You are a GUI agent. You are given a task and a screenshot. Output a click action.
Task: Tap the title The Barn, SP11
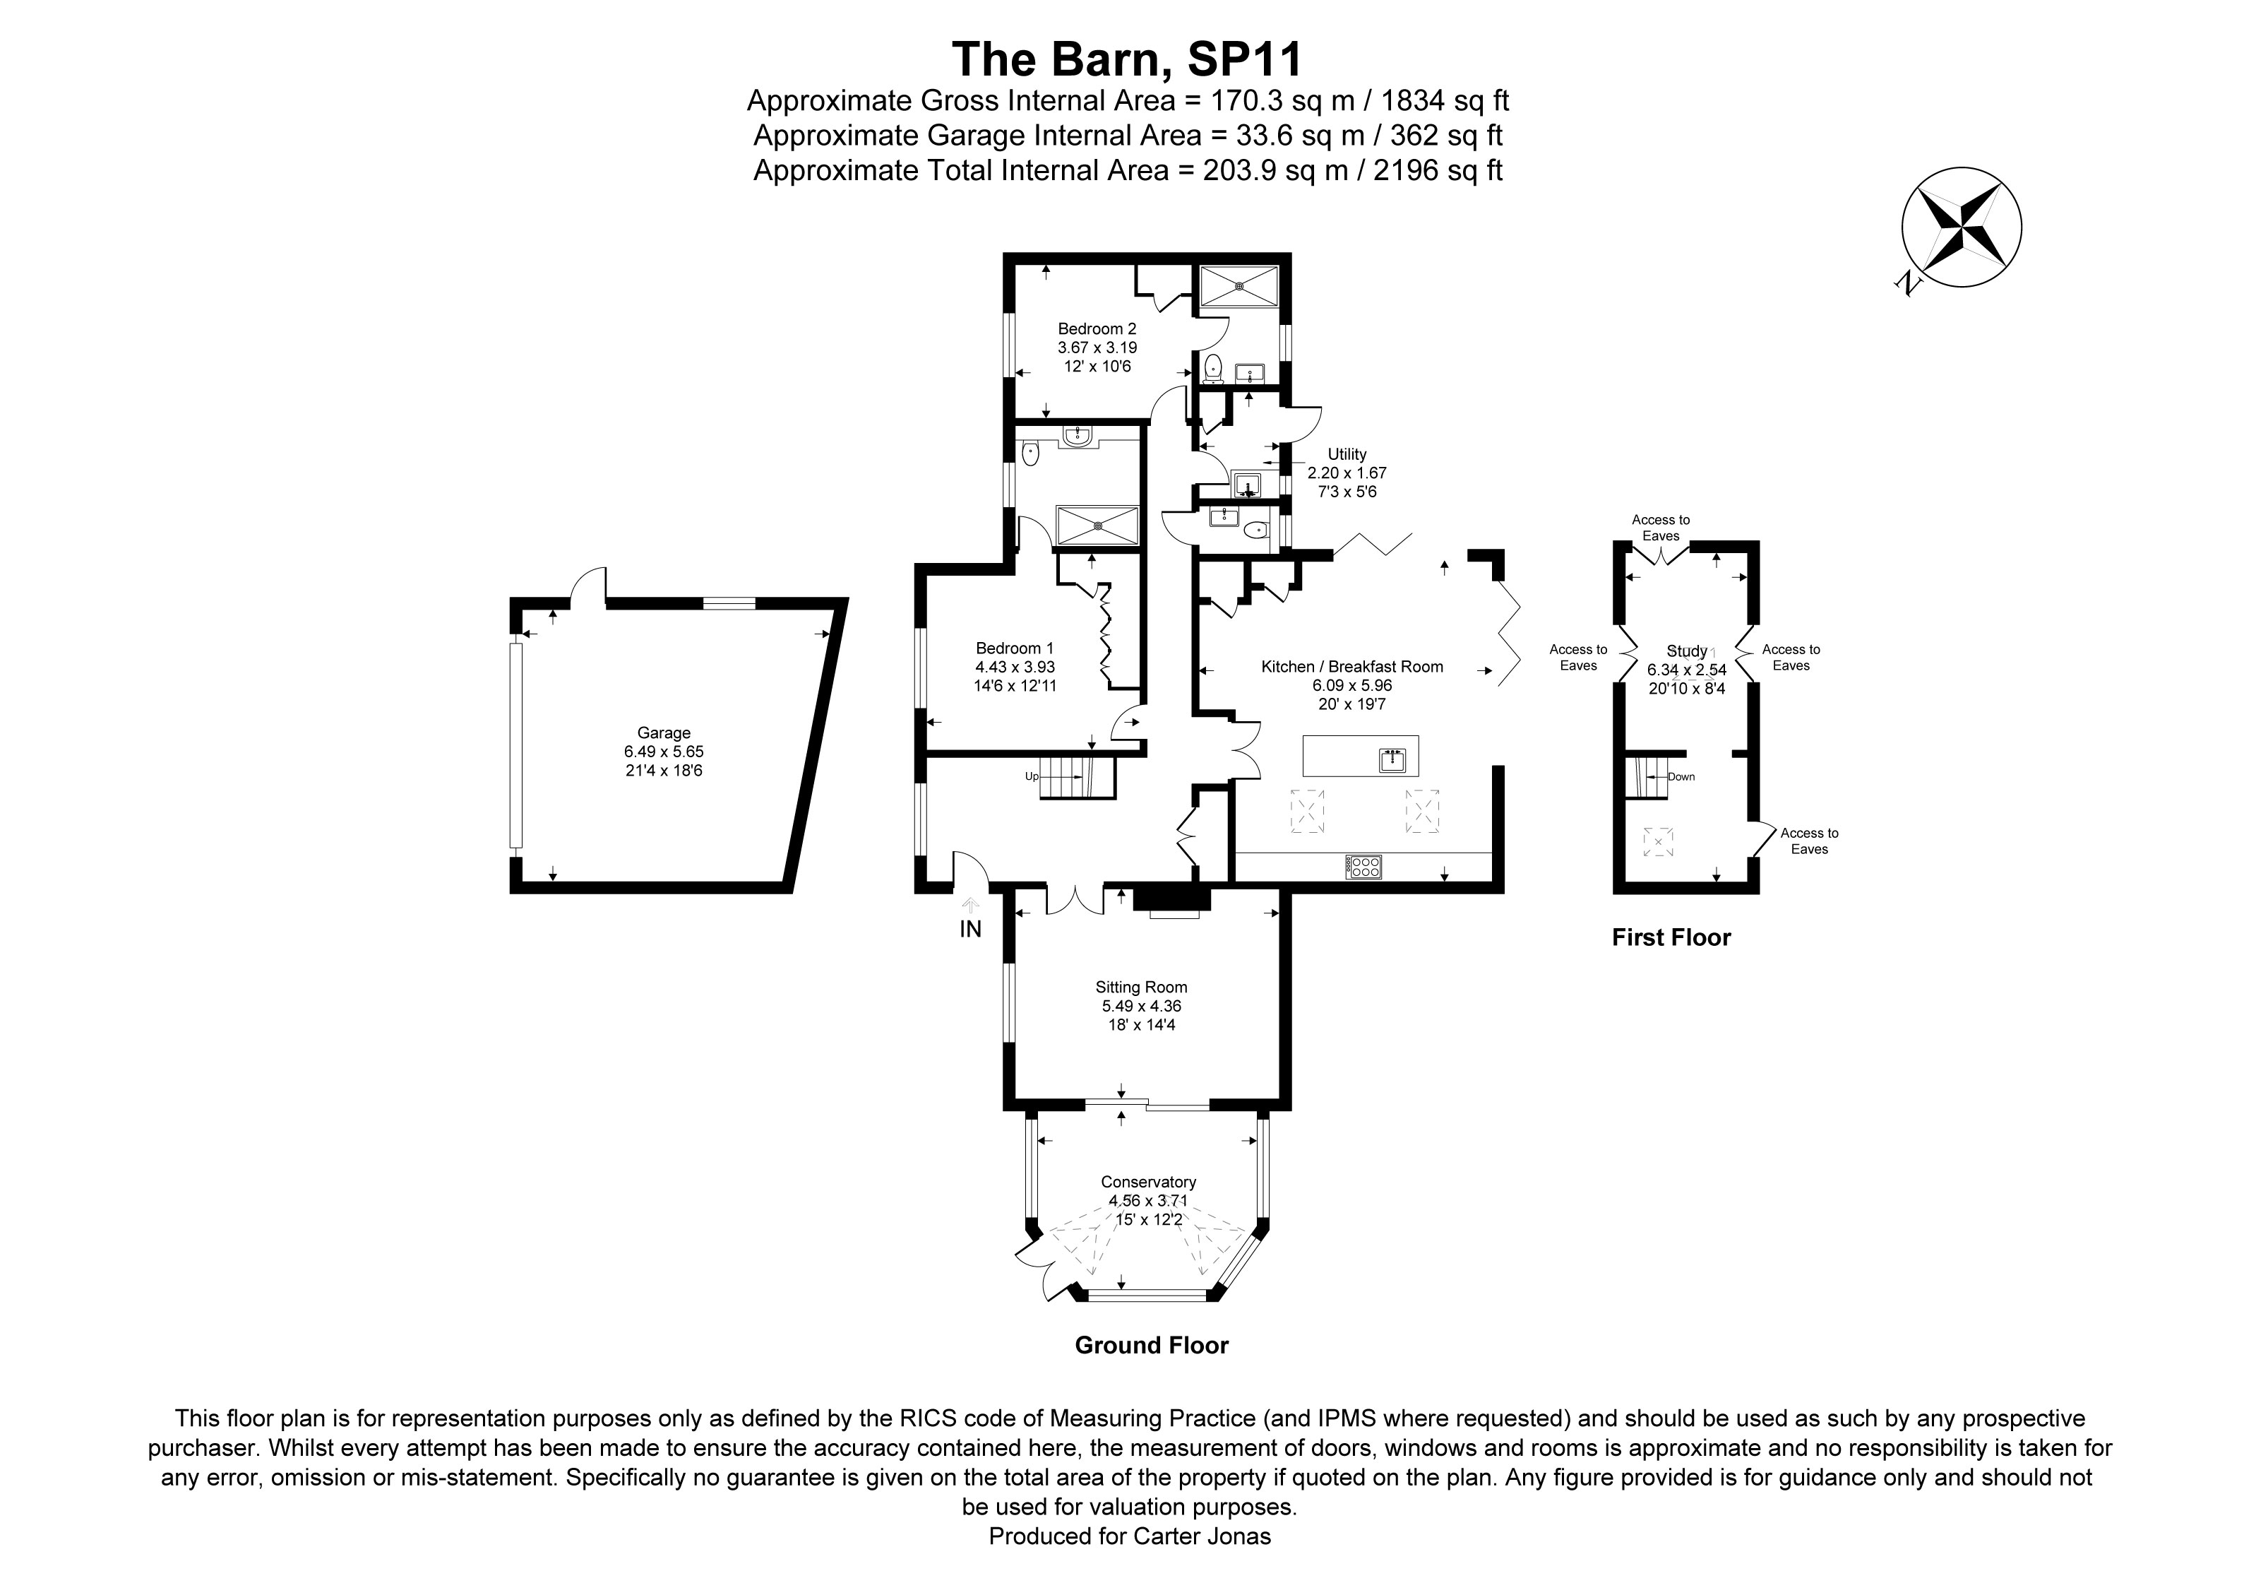(1127, 58)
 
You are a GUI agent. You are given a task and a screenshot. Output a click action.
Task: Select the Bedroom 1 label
(1014, 648)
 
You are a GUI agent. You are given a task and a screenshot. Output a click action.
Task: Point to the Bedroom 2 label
(1097, 328)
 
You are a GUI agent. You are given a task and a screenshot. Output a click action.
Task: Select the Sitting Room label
(1141, 987)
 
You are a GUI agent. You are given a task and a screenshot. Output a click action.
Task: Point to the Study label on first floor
(1686, 651)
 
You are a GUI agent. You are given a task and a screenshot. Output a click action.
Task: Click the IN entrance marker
(969, 929)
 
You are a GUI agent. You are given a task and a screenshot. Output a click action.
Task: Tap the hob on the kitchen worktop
(1363, 866)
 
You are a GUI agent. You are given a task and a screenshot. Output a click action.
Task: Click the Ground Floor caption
(1151, 1346)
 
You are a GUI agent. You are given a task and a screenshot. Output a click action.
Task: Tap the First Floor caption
(1671, 937)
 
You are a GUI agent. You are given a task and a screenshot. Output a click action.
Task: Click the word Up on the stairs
(1032, 776)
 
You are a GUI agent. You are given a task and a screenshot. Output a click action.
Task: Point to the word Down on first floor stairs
(1681, 776)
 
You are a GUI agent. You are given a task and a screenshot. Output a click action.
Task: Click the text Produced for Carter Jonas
(1129, 1536)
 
